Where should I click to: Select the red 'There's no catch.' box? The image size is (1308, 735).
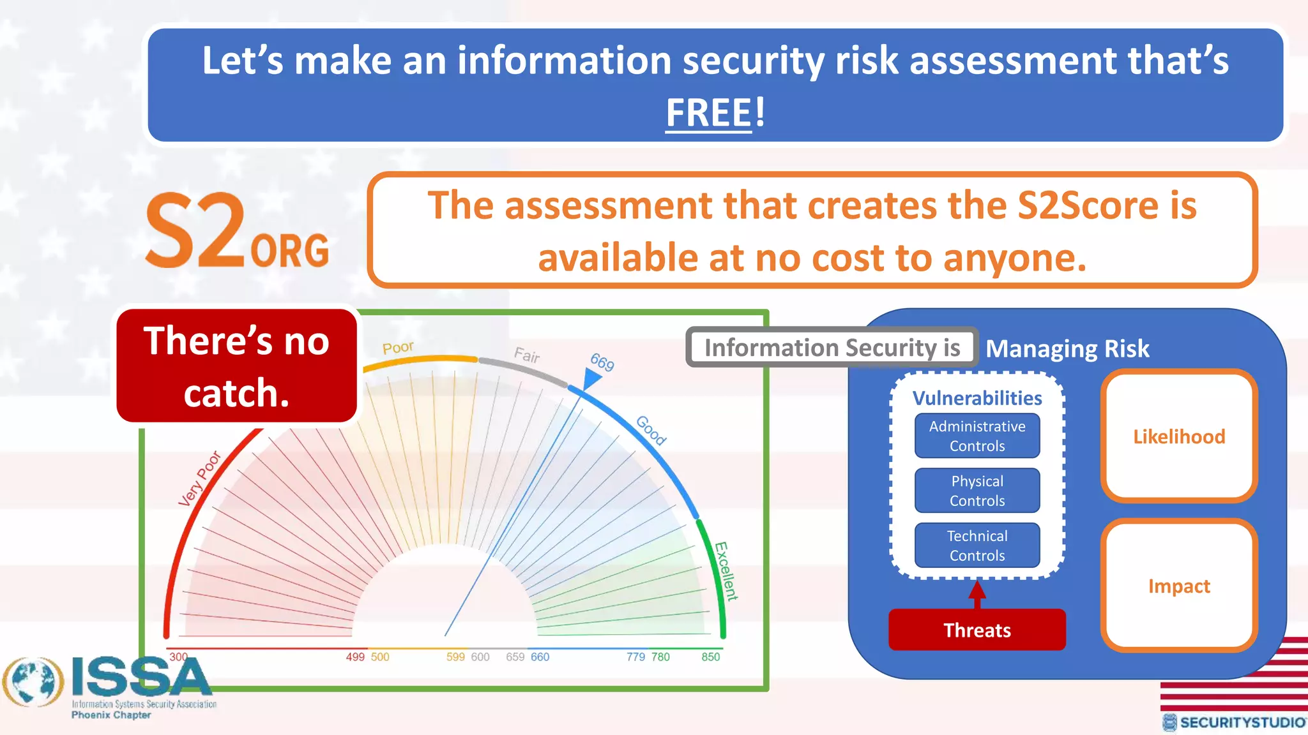[236, 366]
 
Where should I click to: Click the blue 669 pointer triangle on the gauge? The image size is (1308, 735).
[591, 379]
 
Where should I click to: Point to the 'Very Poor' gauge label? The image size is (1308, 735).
[199, 479]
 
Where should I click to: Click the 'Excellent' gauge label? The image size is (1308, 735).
[726, 571]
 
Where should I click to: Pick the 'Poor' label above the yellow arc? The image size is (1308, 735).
[398, 348]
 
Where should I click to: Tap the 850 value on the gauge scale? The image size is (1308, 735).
[710, 657]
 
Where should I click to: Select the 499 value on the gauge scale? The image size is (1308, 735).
[355, 657]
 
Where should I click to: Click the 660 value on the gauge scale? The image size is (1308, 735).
[540, 657]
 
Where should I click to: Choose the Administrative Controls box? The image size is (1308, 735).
[977, 436]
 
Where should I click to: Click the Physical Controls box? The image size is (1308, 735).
[977, 491]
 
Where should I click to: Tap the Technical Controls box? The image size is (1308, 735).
[977, 546]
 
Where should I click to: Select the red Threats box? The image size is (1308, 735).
[977, 630]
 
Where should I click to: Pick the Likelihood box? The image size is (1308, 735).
[1178, 436]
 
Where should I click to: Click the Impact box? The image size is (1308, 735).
[1178, 586]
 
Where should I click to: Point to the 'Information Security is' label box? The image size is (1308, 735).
[832, 348]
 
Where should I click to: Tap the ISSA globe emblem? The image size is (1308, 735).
[33, 682]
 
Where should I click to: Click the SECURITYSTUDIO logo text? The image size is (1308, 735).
[1241, 722]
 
